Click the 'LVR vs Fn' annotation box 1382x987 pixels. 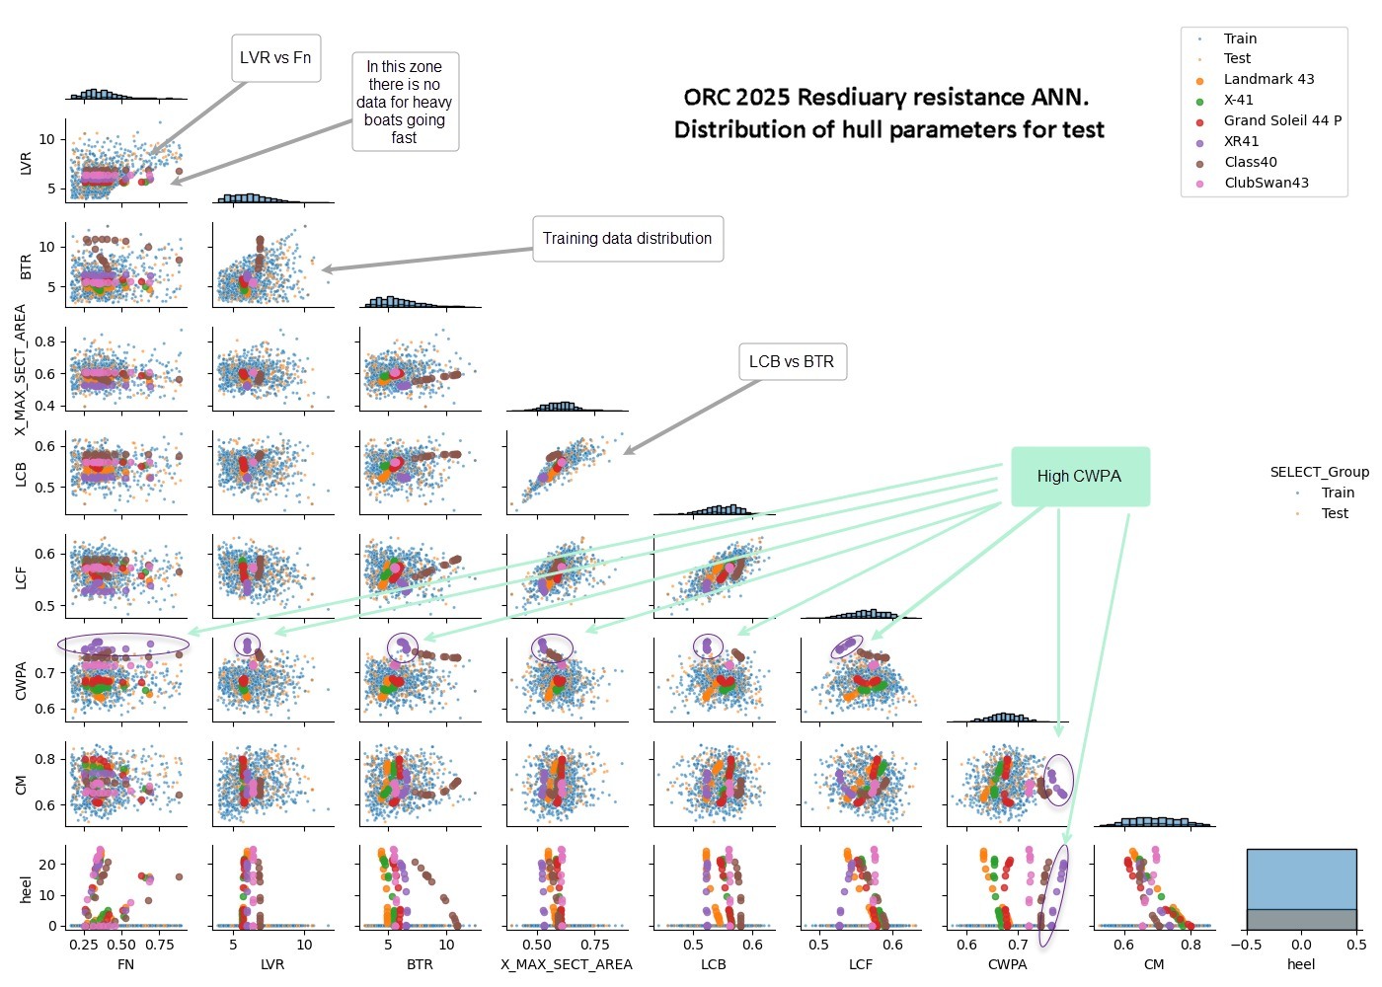(275, 58)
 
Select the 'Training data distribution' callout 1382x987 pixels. (627, 239)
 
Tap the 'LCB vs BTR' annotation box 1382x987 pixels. (791, 362)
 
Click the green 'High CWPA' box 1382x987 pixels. (1079, 477)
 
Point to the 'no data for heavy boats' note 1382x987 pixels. (405, 102)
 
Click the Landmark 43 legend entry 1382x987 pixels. (1268, 80)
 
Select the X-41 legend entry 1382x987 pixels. (1238, 101)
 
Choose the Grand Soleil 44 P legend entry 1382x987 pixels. (1282, 120)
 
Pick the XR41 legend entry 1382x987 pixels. (1241, 141)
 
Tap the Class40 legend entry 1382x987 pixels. (1250, 162)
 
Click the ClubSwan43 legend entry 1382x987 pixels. (1266, 183)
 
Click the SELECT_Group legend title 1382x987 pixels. (1319, 473)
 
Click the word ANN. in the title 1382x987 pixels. (1061, 98)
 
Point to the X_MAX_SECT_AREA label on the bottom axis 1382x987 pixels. (566, 964)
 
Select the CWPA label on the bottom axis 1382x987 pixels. (1007, 964)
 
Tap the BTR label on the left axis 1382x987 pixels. (27, 266)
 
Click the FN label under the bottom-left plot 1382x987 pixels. (125, 964)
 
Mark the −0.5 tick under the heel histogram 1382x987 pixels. (1246, 945)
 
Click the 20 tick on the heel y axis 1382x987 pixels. (48, 865)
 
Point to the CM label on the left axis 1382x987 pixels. (22, 785)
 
